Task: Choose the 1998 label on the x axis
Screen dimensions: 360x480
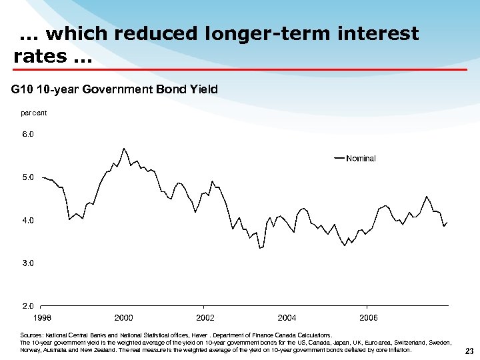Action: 42,318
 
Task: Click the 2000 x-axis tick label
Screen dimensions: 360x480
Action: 123,318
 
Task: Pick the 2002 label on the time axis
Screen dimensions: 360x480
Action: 205,318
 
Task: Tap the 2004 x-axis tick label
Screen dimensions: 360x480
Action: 287,318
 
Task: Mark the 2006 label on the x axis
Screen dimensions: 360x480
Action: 369,318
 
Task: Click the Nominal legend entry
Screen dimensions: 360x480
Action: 361,159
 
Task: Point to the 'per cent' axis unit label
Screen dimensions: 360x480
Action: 34,113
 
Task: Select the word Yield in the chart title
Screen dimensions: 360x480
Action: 203,89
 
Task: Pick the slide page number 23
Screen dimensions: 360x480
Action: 469,351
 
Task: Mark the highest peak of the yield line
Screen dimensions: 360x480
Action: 124,148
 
